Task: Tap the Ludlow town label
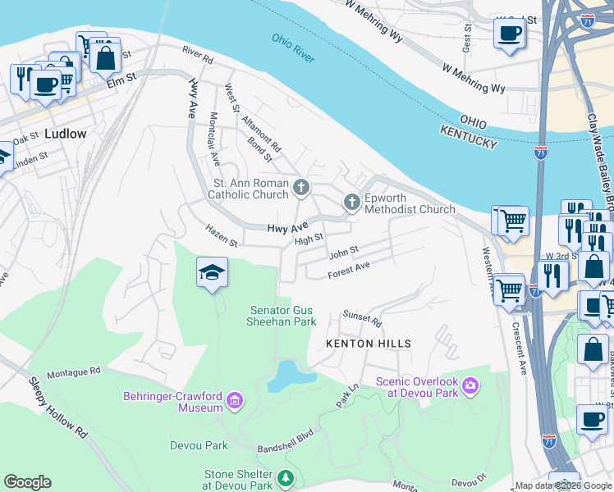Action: (66, 133)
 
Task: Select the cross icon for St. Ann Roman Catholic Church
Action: (301, 189)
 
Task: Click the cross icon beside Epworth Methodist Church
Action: (352, 203)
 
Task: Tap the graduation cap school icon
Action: (212, 272)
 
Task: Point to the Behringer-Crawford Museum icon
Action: (235, 401)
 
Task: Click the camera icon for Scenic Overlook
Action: (470, 385)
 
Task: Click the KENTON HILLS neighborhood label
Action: (368, 343)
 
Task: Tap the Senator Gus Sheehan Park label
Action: (282, 316)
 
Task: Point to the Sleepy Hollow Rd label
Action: (57, 407)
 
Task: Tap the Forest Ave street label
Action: (349, 270)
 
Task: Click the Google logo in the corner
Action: (27, 482)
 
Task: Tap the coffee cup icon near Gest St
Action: (510, 34)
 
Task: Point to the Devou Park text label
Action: (197, 445)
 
